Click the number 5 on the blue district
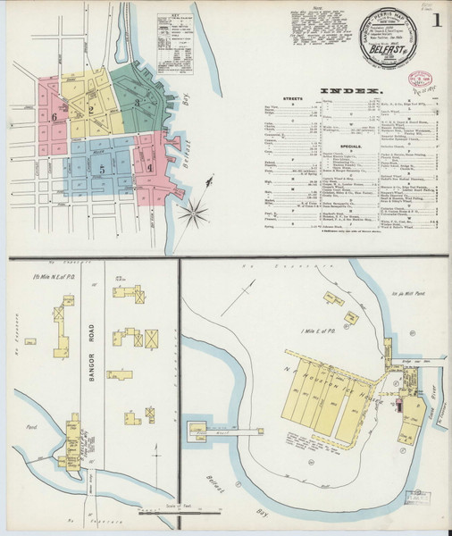click(103, 168)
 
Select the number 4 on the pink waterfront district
click(150, 167)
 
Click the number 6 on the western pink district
click(54, 116)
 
